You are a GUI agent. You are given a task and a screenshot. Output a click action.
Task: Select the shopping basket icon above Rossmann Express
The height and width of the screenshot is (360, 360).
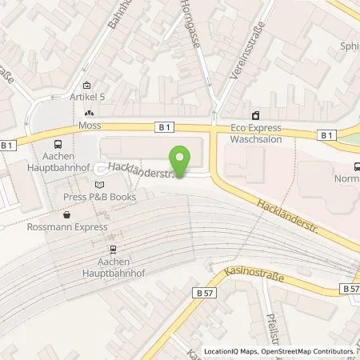tap(67, 214)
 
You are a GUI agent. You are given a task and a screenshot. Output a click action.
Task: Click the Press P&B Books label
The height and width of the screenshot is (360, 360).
tap(89, 196)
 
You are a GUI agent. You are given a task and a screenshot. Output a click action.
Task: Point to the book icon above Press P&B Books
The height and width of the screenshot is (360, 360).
tap(90, 185)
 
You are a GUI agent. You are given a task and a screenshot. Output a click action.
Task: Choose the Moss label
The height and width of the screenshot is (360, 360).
tap(87, 127)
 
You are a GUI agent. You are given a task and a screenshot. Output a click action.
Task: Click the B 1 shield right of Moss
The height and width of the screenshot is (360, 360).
tap(163, 127)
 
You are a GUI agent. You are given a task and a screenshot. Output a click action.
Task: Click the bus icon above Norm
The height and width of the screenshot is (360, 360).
tap(355, 166)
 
